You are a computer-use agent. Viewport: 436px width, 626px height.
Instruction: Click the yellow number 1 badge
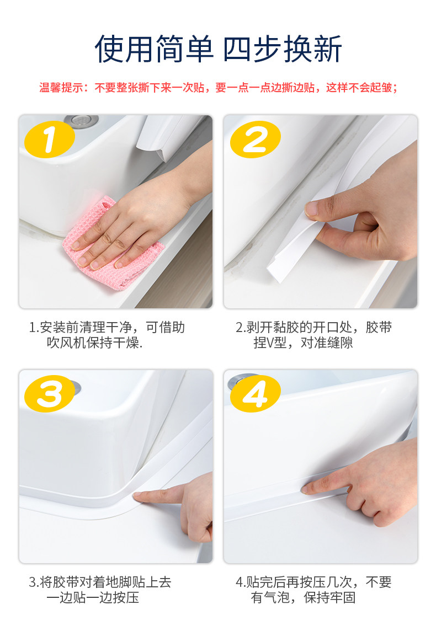tap(50, 140)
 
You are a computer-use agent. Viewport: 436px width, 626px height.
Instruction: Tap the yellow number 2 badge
tap(256, 140)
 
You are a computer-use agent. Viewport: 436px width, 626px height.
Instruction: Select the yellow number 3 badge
tap(50, 394)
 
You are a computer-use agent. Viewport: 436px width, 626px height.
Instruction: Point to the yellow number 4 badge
tap(256, 394)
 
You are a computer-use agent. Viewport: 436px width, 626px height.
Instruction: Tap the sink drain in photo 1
tap(82, 119)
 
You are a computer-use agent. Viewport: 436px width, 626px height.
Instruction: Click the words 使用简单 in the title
tap(155, 50)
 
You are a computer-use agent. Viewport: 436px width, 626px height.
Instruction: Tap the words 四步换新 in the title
tap(283, 50)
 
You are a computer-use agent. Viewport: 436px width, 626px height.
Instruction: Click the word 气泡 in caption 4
tap(277, 598)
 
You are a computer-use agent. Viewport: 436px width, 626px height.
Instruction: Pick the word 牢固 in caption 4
tap(343, 598)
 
